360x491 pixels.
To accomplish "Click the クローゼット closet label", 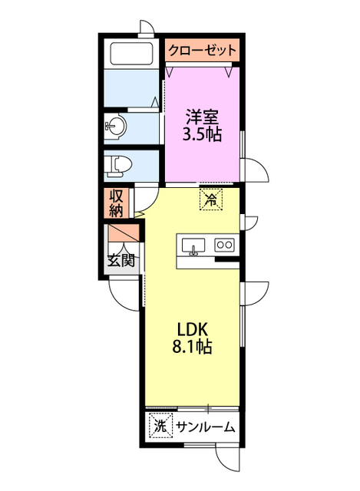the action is pyautogui.click(x=202, y=50).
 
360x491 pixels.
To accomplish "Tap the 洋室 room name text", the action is pyautogui.click(x=203, y=117).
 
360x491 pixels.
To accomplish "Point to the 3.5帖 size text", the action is pyautogui.click(x=202, y=134).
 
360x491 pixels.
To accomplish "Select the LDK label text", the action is pyautogui.click(x=193, y=329).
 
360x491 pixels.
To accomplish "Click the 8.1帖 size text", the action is pyautogui.click(x=193, y=347).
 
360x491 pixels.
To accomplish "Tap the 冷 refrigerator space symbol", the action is pyautogui.click(x=211, y=199).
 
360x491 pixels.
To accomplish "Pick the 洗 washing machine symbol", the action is pyautogui.click(x=160, y=426).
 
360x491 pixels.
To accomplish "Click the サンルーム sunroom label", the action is pyautogui.click(x=205, y=427).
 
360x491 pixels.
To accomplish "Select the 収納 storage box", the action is pyautogui.click(x=116, y=203).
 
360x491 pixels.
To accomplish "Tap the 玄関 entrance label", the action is pyautogui.click(x=121, y=261).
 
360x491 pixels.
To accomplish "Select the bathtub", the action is pyautogui.click(x=131, y=53).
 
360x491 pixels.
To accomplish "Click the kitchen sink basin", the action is pyautogui.click(x=193, y=245).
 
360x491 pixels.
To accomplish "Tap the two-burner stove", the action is pyautogui.click(x=225, y=245).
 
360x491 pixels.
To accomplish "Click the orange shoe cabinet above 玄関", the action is pyautogui.click(x=123, y=233).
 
